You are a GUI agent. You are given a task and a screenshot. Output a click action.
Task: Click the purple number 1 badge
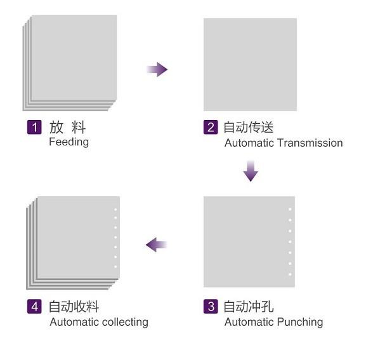pos(34,127)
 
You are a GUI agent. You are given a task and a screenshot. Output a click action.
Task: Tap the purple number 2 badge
pos(211,127)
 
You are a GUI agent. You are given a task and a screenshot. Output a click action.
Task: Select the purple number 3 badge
pos(211,306)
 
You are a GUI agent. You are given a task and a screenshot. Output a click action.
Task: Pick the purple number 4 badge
pos(34,306)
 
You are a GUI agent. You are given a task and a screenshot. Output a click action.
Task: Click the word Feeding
pos(69,142)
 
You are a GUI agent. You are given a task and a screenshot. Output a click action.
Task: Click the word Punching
pos(301,322)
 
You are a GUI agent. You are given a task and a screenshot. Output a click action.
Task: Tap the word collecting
pos(126,322)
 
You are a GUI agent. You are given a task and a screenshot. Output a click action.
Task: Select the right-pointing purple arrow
pos(157,69)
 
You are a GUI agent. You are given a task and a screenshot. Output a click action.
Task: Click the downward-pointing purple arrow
pos(251,171)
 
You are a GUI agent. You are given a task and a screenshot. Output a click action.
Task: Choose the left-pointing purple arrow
pos(157,245)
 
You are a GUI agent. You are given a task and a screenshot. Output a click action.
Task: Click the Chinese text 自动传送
pos(249,128)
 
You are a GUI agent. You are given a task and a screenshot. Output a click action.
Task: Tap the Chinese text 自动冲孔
pos(249,307)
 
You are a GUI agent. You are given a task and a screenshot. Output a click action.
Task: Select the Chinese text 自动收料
pos(74,307)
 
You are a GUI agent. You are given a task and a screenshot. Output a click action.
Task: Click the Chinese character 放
pos(56,128)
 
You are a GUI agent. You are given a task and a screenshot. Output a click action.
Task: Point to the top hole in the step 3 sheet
pos(290,210)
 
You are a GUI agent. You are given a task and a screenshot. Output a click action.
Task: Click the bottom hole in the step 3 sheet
pos(290,274)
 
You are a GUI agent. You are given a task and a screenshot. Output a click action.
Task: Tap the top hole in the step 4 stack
pos(115,210)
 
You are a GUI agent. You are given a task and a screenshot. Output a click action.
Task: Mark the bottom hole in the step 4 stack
pos(115,267)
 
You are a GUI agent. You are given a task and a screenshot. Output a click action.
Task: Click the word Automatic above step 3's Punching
pos(249,322)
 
